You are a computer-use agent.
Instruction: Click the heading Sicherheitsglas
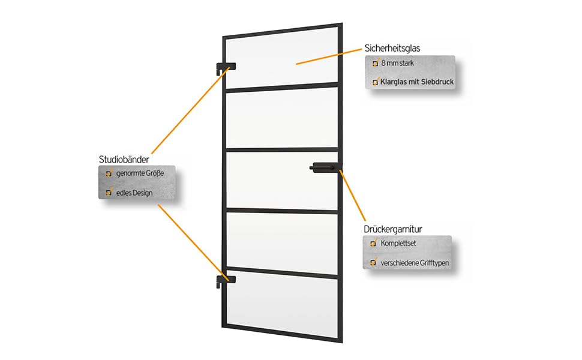click(x=391, y=47)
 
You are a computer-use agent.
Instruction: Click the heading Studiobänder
click(x=124, y=159)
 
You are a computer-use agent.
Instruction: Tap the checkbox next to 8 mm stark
click(x=376, y=63)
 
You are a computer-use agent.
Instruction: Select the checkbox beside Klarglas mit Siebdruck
click(x=376, y=82)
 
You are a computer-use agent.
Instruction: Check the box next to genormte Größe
click(x=109, y=173)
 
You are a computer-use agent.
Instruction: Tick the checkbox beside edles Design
click(x=109, y=193)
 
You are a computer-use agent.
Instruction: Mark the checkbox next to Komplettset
click(x=374, y=244)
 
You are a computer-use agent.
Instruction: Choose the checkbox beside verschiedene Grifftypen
click(x=374, y=263)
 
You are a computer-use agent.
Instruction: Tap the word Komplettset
click(x=399, y=244)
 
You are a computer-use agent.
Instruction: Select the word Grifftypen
click(x=433, y=263)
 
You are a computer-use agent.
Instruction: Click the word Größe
click(x=155, y=173)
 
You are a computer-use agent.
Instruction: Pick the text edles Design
click(x=134, y=193)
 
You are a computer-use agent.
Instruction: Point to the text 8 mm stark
click(x=397, y=63)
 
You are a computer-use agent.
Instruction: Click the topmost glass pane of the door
click(x=282, y=57)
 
